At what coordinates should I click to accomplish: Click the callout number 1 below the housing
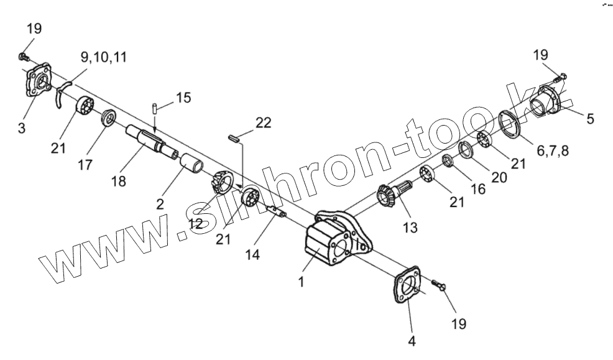point(301,282)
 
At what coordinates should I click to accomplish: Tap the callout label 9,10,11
point(104,57)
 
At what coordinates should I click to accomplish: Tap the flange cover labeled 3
point(39,81)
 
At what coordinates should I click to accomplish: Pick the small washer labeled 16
point(447,162)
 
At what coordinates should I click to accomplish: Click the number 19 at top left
point(35,29)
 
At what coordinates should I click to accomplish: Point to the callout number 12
point(195,223)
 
